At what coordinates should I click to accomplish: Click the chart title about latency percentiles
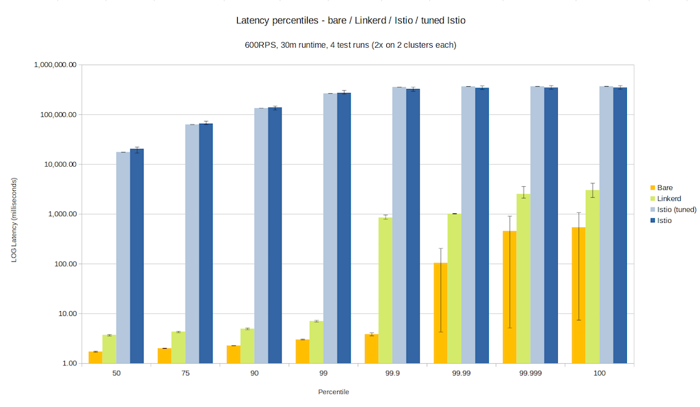[350, 21]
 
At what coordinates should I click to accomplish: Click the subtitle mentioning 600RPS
[350, 45]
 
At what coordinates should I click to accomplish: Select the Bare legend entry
[664, 187]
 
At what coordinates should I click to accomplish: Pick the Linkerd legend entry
[668, 198]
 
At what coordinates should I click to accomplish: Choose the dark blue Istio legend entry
[664, 220]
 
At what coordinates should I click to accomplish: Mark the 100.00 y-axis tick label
[64, 264]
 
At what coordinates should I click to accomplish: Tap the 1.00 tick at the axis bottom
[66, 363]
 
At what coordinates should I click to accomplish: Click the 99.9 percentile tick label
[392, 373]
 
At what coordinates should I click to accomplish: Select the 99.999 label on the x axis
[530, 373]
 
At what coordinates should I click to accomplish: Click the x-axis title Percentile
[334, 392]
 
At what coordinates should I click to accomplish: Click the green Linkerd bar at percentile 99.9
[386, 290]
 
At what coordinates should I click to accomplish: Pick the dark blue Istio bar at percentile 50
[137, 256]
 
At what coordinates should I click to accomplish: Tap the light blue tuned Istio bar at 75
[192, 244]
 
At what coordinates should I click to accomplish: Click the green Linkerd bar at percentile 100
[593, 276]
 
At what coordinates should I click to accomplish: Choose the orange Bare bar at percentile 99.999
[509, 297]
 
